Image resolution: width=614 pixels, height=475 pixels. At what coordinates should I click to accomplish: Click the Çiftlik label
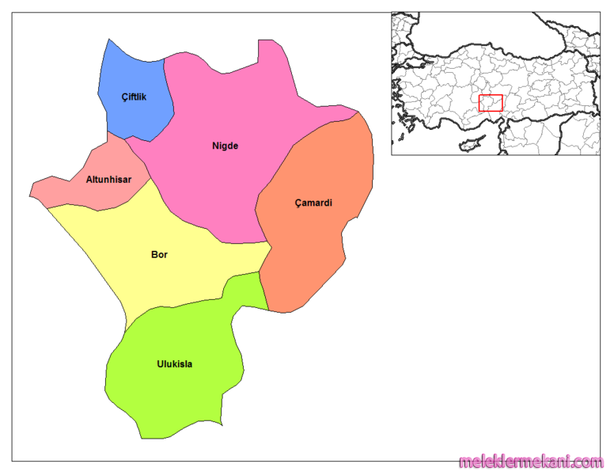coord(134,97)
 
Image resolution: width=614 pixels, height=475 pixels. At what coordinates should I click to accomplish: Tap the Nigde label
coord(225,146)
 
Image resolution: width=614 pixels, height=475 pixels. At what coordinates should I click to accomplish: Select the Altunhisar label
coord(108,180)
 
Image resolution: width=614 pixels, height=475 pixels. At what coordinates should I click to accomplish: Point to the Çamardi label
coord(313,203)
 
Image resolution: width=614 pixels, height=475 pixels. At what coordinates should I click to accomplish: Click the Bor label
coord(159,255)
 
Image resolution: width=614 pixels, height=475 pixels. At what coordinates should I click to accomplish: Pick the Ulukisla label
coord(174,365)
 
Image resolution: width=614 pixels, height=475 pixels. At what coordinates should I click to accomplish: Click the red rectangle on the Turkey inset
coord(491,103)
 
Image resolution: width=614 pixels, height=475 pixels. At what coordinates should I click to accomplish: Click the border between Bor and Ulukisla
coord(182,306)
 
